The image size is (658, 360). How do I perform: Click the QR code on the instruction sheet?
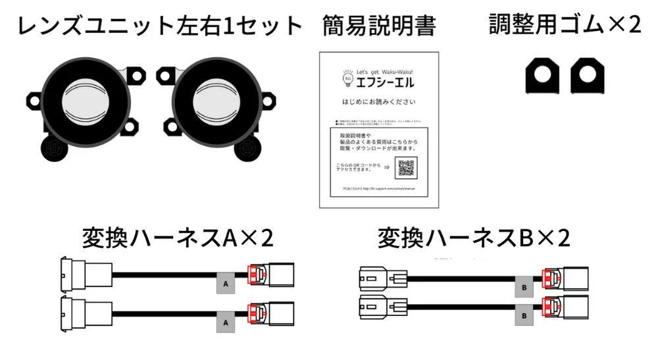[405, 168]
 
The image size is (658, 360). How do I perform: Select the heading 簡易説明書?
[379, 26]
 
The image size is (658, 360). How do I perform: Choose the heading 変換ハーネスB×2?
[473, 238]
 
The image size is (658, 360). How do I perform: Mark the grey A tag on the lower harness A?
[225, 323]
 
